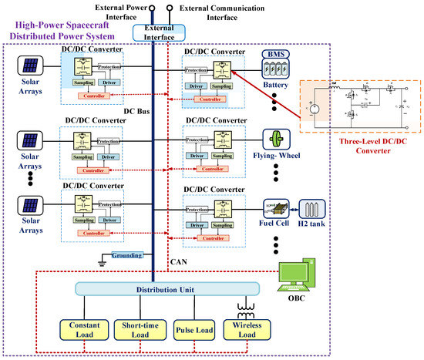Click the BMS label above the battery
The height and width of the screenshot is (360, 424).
[274, 55]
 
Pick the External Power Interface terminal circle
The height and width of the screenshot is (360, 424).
[152, 10]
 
